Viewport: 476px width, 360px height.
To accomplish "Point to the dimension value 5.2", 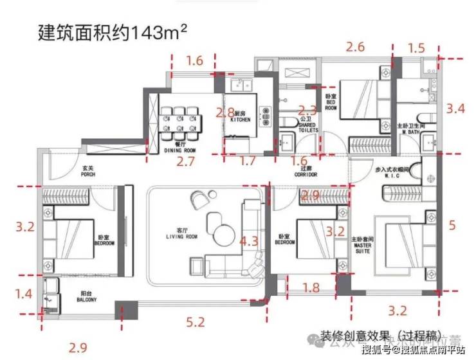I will pyautogui.click(x=196, y=321).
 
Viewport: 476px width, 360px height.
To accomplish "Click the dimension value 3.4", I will pyautogui.click(x=455, y=108).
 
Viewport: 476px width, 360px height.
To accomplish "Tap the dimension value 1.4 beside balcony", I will pyautogui.click(x=24, y=294).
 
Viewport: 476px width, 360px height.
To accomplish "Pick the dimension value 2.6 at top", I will pyautogui.click(x=355, y=47).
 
